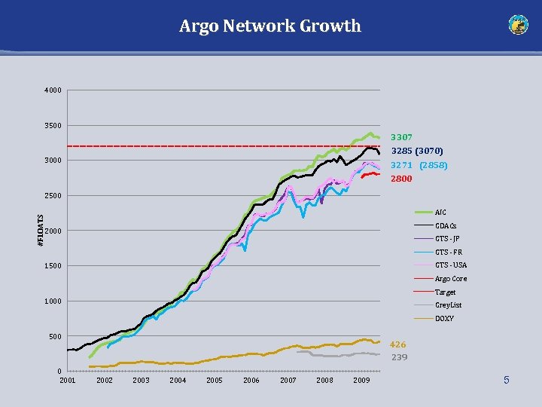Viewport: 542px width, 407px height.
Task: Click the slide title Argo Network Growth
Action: point(270,26)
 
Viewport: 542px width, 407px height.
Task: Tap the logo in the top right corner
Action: point(519,25)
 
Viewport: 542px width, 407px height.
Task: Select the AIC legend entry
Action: point(440,213)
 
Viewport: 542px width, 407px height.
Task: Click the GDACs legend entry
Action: point(446,225)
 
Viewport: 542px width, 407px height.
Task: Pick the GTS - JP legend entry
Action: point(447,239)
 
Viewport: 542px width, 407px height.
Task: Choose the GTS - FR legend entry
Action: point(448,252)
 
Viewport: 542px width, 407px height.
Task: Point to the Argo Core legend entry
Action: point(450,279)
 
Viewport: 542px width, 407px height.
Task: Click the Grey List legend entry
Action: point(448,305)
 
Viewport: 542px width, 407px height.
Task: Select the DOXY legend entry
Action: point(444,318)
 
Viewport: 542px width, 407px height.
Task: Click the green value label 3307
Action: point(401,138)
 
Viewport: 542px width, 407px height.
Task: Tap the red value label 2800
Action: point(401,179)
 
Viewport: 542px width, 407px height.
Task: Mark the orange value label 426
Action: point(397,344)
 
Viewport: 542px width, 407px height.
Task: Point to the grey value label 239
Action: point(399,357)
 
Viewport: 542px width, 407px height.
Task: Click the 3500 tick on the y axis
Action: point(53,125)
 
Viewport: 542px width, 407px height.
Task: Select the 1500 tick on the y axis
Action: point(53,266)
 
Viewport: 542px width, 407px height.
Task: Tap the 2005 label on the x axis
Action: point(215,381)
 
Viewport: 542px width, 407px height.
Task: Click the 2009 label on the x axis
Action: point(361,381)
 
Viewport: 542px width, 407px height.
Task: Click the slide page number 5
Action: point(506,381)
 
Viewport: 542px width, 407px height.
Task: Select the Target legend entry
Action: point(445,292)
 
